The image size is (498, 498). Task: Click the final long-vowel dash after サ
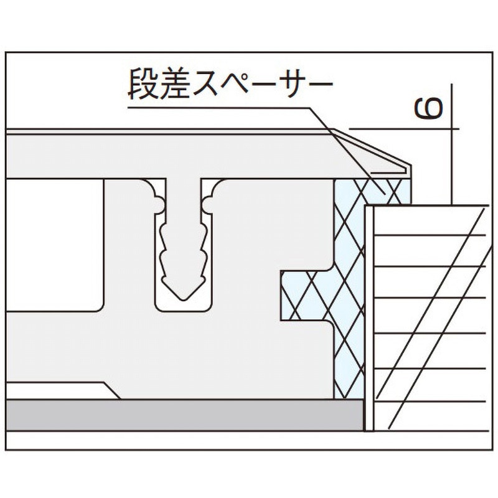pyautogui.click(x=318, y=84)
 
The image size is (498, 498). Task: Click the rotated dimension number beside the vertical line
pyautogui.click(x=428, y=108)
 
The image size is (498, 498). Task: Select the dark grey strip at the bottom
pyautogui.click(x=184, y=415)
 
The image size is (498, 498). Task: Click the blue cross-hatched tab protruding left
pyautogui.click(x=306, y=295)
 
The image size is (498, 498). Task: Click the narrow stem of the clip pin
pyautogui.click(x=183, y=200)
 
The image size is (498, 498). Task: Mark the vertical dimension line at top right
pyautogui.click(x=451, y=144)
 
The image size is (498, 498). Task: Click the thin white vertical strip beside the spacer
pyautogui.click(x=369, y=318)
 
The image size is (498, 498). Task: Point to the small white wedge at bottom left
pyautogui.click(x=60, y=391)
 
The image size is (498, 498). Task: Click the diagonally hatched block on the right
pyautogui.click(x=430, y=318)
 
